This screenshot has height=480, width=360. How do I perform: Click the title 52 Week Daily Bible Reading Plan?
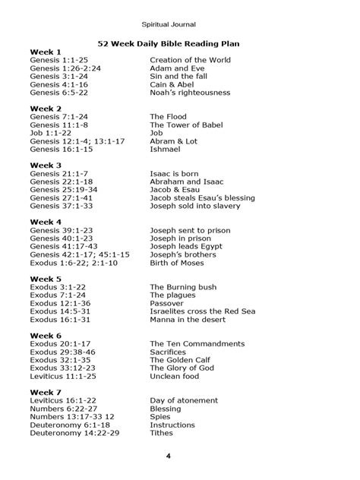[180, 45]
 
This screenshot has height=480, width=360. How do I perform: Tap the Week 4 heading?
[46, 221]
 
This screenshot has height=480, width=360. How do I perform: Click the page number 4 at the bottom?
[179, 456]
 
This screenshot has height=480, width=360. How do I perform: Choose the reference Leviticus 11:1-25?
[63, 375]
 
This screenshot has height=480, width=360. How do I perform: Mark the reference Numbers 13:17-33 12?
[72, 415]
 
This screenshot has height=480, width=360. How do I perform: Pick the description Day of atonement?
[183, 399]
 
